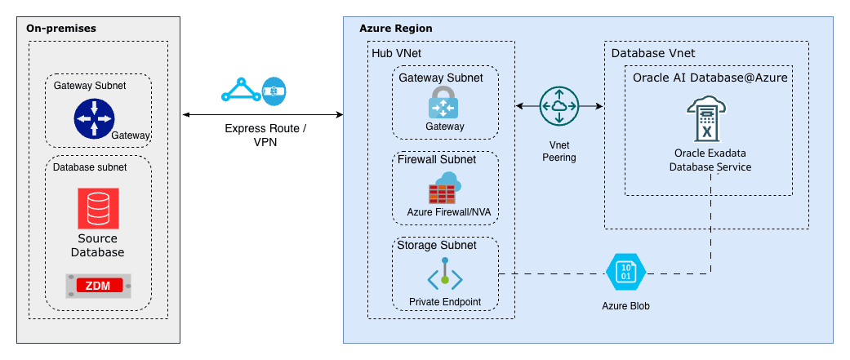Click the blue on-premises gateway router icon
94,119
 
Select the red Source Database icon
98,208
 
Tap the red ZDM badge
98,285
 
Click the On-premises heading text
61,28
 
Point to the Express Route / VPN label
265,136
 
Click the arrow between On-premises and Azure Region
262,115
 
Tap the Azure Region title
396,28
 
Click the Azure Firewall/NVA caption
445,213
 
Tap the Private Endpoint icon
445,275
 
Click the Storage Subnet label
436,245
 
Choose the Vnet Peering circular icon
559,106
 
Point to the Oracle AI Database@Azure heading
710,78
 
